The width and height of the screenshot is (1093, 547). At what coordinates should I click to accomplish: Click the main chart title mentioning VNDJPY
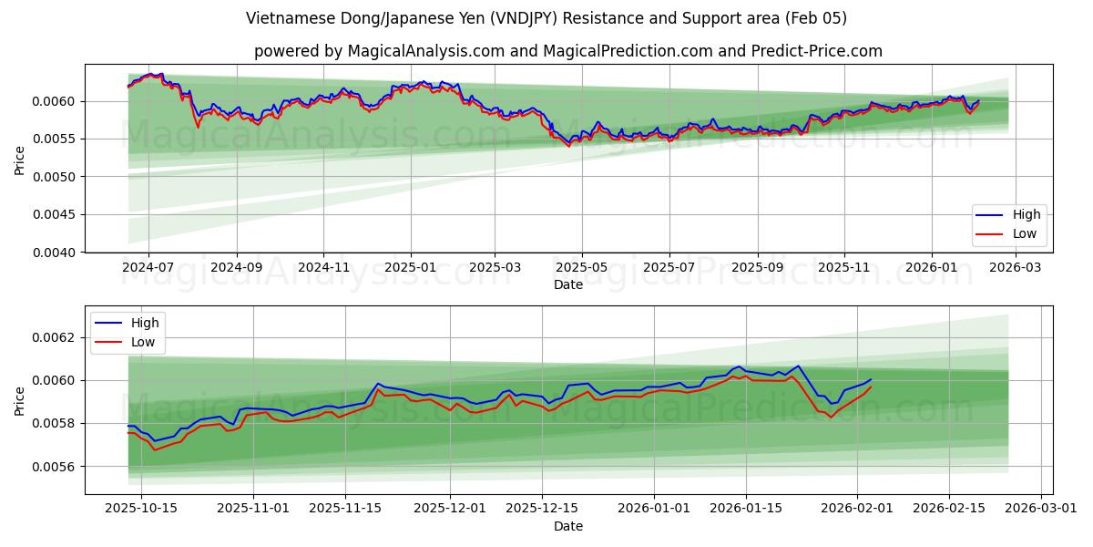[546, 18]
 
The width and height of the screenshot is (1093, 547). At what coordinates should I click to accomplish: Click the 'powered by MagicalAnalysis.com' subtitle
[567, 51]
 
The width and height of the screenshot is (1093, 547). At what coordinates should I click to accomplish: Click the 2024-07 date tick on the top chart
[148, 268]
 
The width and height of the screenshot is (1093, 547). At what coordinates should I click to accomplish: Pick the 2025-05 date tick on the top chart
[581, 268]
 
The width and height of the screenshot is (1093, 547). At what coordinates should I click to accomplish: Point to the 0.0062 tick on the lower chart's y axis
[59, 337]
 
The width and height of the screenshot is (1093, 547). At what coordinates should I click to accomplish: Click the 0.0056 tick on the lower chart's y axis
[59, 467]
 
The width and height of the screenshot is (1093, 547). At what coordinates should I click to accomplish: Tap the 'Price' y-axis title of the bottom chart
[20, 400]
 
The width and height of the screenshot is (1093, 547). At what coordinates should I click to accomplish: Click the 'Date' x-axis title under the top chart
[568, 284]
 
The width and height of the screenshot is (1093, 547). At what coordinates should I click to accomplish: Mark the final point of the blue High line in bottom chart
[871, 379]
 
